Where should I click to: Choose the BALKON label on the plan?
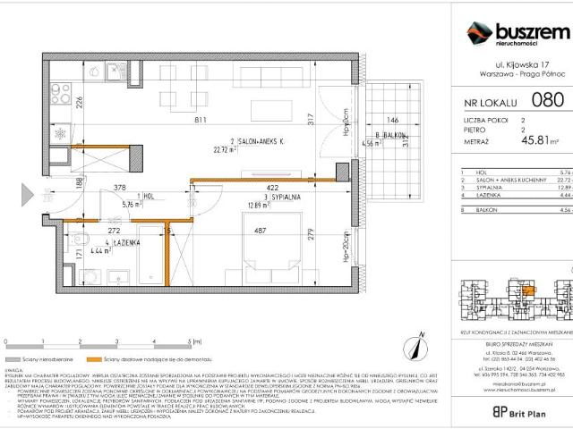click(389, 134)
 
